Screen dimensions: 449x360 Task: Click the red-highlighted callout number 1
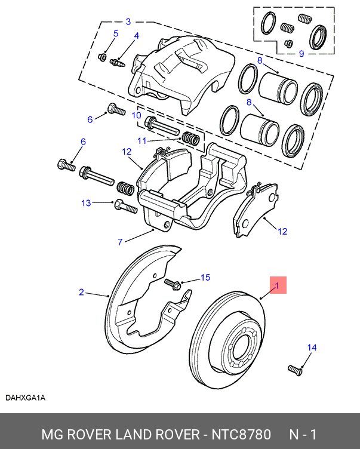click(277, 285)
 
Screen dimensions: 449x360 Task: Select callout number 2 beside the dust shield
click(82, 292)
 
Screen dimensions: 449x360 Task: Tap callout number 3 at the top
click(128, 22)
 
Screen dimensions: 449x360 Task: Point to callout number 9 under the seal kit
click(301, 54)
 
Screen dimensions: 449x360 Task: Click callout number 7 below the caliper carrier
click(120, 242)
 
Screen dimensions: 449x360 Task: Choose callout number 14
click(311, 347)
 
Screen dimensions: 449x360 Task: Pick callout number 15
click(205, 278)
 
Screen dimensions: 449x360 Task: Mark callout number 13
click(87, 203)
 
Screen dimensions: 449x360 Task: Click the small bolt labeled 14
click(295, 370)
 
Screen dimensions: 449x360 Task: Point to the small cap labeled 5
click(101, 57)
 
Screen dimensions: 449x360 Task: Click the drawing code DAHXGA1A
click(26, 398)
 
